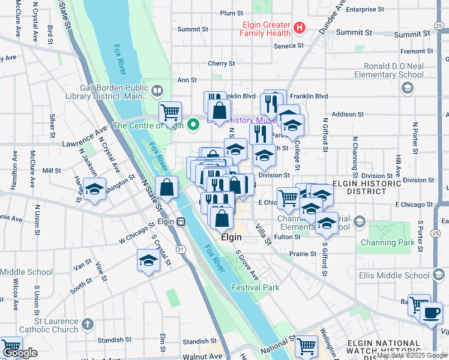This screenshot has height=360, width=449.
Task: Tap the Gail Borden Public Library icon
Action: (x=157, y=91)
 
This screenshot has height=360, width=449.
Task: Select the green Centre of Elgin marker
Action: (x=193, y=125)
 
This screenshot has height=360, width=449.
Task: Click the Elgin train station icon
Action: (x=179, y=221)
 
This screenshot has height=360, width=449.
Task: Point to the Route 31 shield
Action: (x=180, y=248)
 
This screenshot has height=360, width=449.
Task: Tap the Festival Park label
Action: (x=256, y=287)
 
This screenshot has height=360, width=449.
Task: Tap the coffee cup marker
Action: (x=431, y=313)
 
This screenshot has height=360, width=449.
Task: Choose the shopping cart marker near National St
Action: (x=306, y=346)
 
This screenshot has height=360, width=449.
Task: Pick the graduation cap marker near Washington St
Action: (x=94, y=188)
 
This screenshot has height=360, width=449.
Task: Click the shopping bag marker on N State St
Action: (x=167, y=187)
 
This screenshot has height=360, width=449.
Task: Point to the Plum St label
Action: (x=231, y=13)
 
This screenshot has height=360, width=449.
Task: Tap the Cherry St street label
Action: (x=221, y=63)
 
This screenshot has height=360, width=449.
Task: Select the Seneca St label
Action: (x=289, y=46)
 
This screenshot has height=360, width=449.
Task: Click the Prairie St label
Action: (x=303, y=254)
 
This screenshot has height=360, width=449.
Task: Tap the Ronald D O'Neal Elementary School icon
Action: (x=408, y=89)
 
